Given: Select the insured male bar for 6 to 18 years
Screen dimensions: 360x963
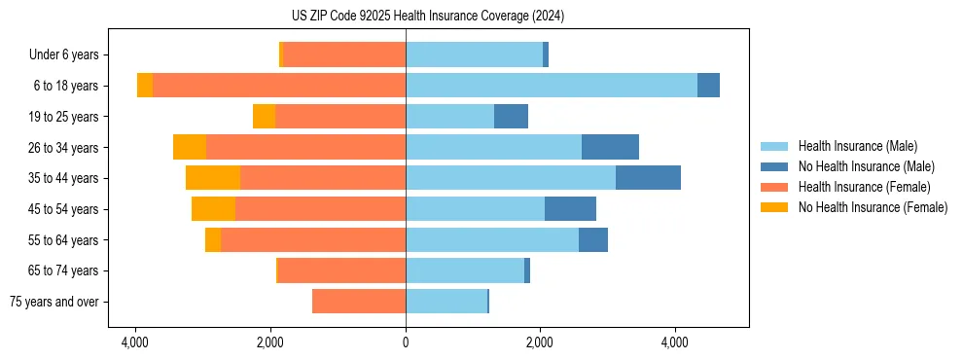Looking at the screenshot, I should (x=552, y=86).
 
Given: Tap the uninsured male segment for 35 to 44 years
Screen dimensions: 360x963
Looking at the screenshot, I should (x=648, y=178).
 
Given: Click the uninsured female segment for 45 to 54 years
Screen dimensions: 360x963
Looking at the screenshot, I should (x=213, y=209).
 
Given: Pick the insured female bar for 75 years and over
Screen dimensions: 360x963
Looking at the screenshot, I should (x=359, y=302).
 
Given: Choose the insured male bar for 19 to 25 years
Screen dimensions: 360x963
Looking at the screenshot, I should (x=449, y=117).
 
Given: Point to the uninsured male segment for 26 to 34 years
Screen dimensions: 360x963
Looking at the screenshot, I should (x=610, y=147).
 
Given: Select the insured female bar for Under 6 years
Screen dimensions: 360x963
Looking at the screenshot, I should (x=344, y=54).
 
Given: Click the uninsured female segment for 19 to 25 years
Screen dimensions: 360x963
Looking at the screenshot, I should (x=264, y=117).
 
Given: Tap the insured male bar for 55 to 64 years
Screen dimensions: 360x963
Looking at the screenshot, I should (x=492, y=240).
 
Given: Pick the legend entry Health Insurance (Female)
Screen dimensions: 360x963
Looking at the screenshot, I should (x=864, y=187).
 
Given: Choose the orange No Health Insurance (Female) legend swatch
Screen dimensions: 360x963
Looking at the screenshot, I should (x=774, y=207).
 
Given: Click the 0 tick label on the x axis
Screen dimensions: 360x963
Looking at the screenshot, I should (x=406, y=342).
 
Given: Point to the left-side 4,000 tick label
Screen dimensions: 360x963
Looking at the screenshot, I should (x=135, y=342).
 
